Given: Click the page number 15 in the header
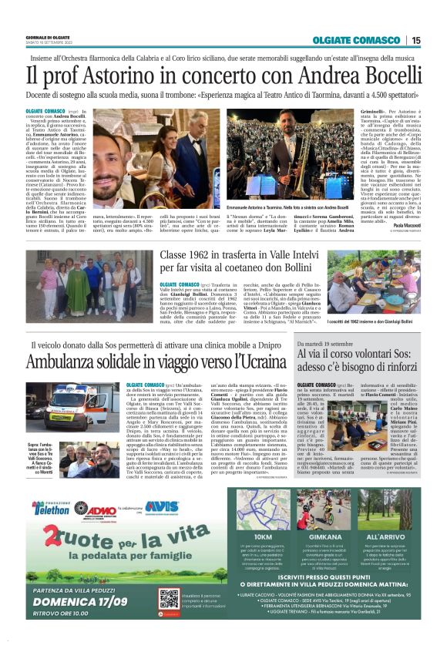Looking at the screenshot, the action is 415,40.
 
